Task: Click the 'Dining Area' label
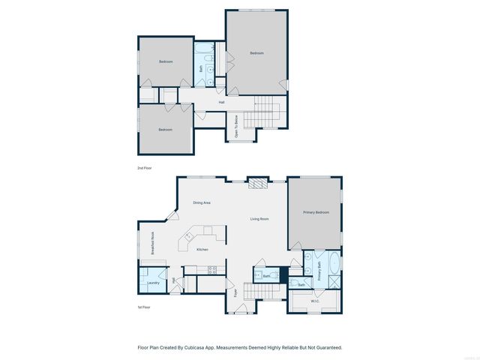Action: [x=202, y=202]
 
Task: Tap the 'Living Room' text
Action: [x=259, y=219]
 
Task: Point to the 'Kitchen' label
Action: [x=202, y=250]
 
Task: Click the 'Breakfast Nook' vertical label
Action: [x=152, y=244]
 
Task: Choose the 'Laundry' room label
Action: [x=153, y=283]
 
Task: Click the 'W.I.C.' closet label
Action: [x=316, y=301]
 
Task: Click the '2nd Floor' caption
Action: [x=144, y=167]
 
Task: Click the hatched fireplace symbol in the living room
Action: [x=257, y=183]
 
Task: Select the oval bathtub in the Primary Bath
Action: [x=334, y=266]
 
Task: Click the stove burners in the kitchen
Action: [x=212, y=268]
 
